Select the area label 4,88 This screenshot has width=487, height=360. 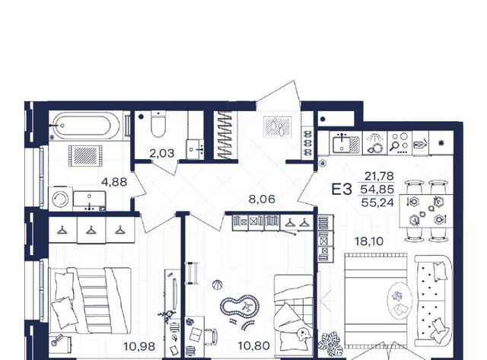114,182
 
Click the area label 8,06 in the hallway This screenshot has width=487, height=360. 262,199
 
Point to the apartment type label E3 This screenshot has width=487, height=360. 342,190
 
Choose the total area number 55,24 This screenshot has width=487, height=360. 377,202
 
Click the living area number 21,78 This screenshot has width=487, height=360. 379,176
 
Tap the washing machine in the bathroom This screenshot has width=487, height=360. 60,199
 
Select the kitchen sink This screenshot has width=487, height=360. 345,143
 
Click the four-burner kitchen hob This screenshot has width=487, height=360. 399,142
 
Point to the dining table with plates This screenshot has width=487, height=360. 425,211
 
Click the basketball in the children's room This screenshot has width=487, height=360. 218,285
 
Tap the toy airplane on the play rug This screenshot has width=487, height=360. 247,307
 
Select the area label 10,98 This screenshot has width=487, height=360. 139,346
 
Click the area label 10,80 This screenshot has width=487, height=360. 253,345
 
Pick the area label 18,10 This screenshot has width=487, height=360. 369,241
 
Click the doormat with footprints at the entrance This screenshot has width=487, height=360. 278,126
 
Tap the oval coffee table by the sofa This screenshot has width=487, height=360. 399,300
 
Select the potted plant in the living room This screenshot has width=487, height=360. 331,344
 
